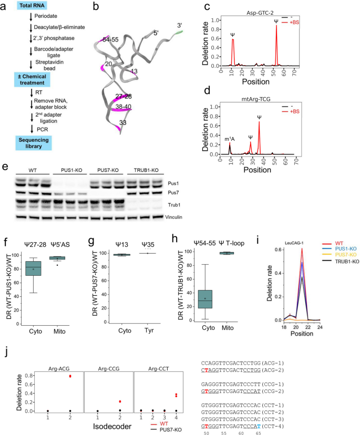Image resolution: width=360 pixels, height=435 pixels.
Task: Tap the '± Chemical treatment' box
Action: click(33, 79)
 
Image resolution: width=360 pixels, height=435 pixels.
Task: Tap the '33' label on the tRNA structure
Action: click(123, 123)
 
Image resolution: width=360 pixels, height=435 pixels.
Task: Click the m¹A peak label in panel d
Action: click(229, 139)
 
